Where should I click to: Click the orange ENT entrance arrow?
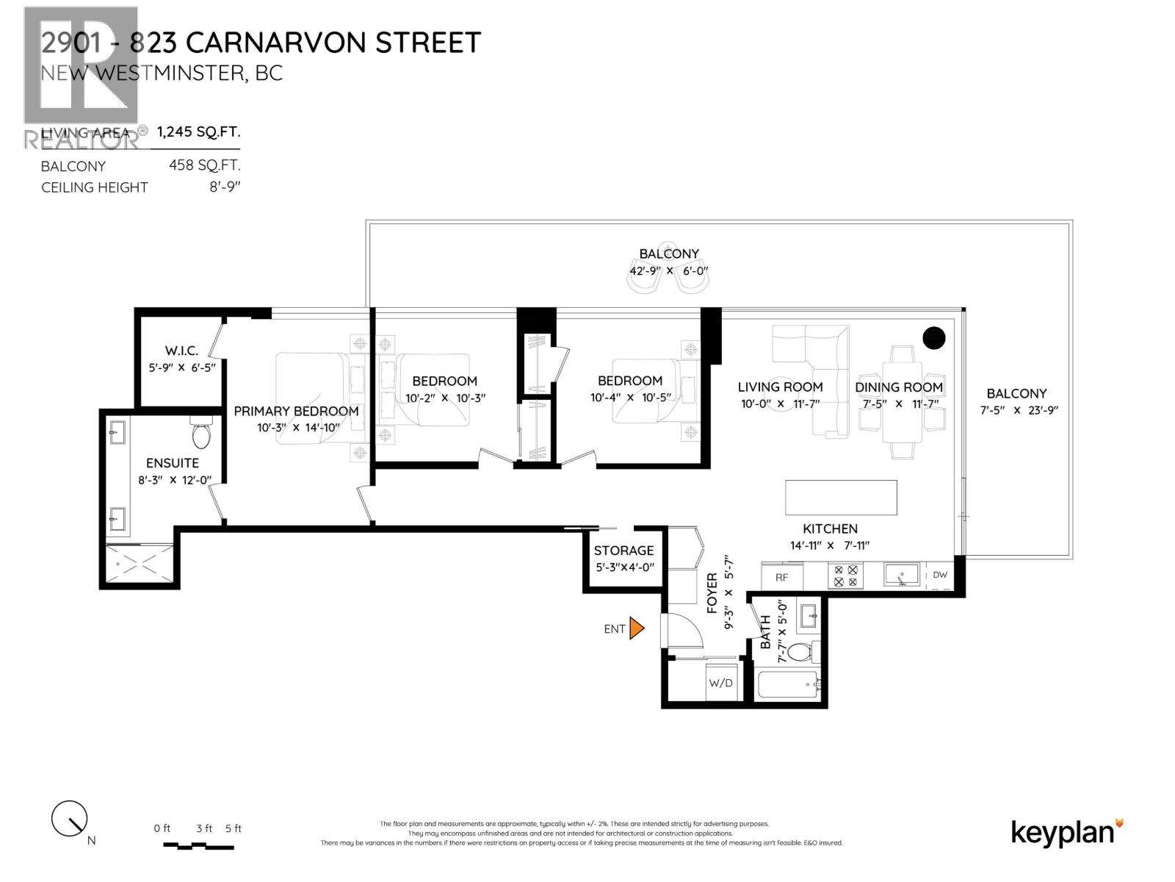pyautogui.click(x=637, y=628)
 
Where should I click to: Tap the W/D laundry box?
pyautogui.click(x=720, y=683)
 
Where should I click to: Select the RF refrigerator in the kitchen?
pyautogui.click(x=781, y=577)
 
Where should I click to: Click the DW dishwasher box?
pyautogui.click(x=940, y=576)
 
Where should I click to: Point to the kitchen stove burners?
pyautogui.click(x=845, y=576)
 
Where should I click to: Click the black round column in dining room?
pyautogui.click(x=933, y=338)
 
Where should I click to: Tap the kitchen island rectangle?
pyautogui.click(x=841, y=498)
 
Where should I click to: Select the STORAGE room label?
pyautogui.click(x=623, y=551)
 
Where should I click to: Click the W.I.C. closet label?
pyautogui.click(x=181, y=351)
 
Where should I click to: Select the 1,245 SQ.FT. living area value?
pyautogui.click(x=198, y=132)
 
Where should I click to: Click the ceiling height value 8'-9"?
pyautogui.click(x=225, y=187)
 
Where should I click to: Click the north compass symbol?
pyautogui.click(x=70, y=818)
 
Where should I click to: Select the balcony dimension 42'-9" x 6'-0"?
pyautogui.click(x=668, y=270)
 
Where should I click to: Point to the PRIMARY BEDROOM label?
pyautogui.click(x=296, y=411)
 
